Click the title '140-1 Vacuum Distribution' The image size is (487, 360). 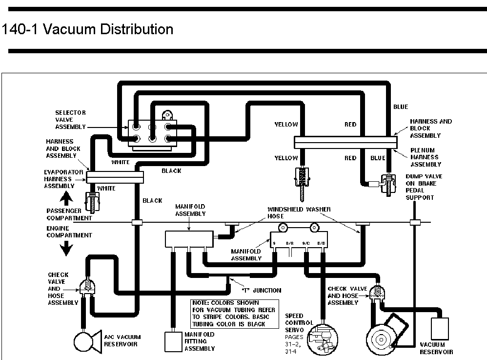[88, 29]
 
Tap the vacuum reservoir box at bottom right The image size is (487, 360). [440, 328]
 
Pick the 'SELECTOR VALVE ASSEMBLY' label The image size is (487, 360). [70, 120]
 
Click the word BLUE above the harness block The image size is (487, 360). [401, 107]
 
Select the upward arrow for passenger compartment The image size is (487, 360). [66, 197]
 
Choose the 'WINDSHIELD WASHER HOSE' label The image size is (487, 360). [299, 213]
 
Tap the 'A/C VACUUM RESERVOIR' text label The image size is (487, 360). [122, 340]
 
